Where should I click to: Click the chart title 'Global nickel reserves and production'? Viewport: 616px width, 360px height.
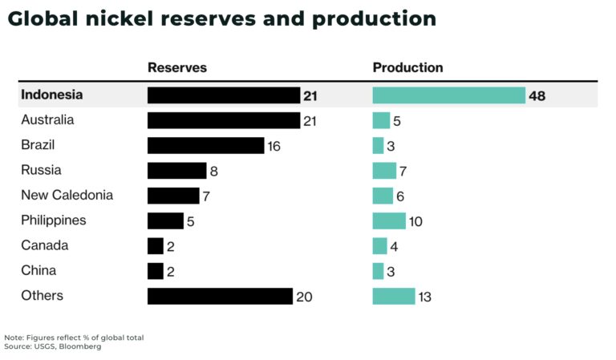pyautogui.click(x=221, y=19)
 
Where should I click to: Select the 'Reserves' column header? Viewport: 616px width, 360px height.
pyautogui.click(x=176, y=68)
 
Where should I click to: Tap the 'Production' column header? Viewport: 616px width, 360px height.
pyautogui.click(x=407, y=68)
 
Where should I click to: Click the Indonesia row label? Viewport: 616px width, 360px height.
pyautogui.click(x=51, y=95)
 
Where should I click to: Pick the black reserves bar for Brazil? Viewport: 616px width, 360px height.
pyautogui.click(x=205, y=146)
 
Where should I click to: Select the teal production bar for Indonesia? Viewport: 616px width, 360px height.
pyautogui.click(x=448, y=95)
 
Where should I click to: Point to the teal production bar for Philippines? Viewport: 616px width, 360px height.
pyautogui.click(x=389, y=220)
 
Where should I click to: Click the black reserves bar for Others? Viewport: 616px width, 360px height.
pyautogui.click(x=220, y=296)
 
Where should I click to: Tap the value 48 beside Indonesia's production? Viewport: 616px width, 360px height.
pyautogui.click(x=537, y=96)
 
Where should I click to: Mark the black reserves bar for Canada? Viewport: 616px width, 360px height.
pyautogui.click(x=156, y=246)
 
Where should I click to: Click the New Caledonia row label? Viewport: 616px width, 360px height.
pyautogui.click(x=67, y=196)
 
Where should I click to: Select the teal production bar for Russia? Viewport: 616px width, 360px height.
pyautogui.click(x=384, y=171)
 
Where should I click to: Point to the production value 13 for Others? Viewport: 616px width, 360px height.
pyautogui.click(x=425, y=297)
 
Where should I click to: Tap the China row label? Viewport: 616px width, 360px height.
pyautogui.click(x=38, y=271)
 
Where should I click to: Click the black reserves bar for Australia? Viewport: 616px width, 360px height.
pyautogui.click(x=224, y=120)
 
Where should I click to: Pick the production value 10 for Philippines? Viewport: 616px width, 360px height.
pyautogui.click(x=415, y=221)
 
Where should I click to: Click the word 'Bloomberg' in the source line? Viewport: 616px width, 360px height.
pyautogui.click(x=86, y=346)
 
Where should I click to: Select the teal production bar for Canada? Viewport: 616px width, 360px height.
pyautogui.click(x=379, y=246)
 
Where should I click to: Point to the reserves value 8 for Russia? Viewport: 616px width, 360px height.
pyautogui.click(x=213, y=172)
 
